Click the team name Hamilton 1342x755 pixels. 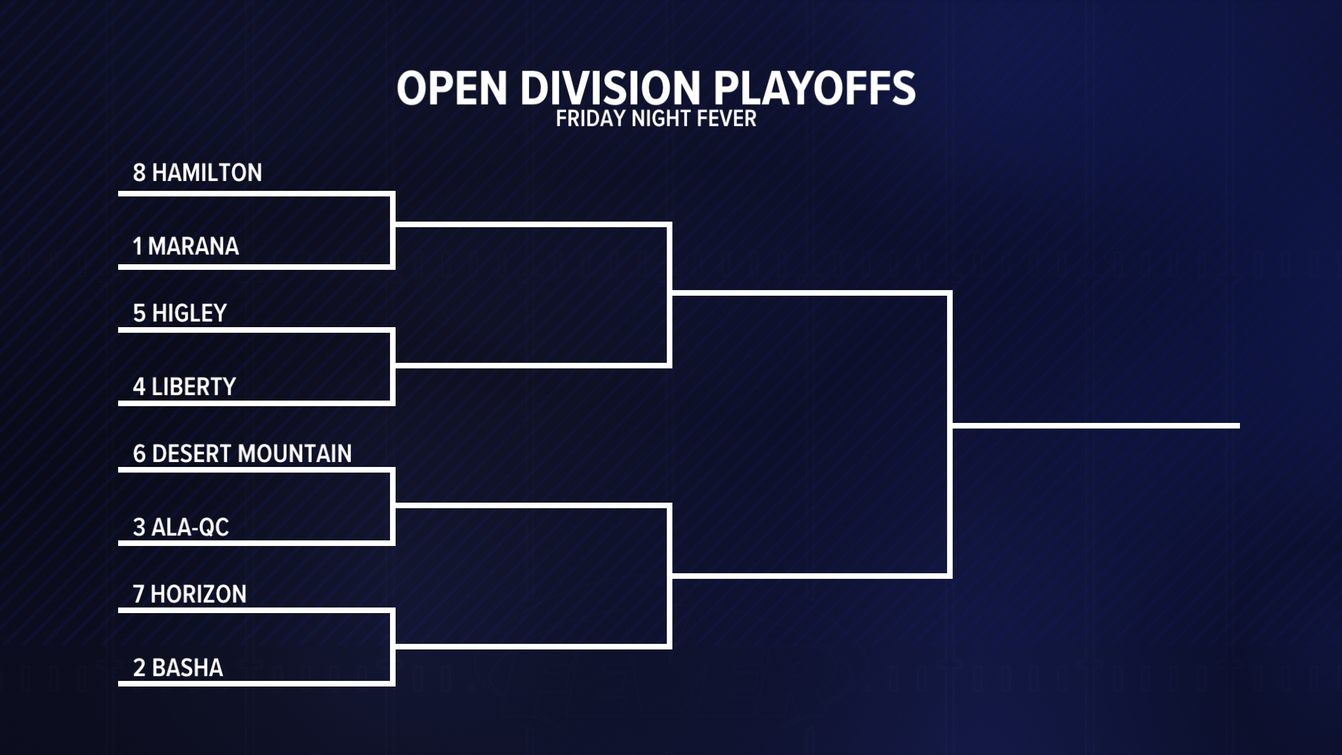click(x=207, y=173)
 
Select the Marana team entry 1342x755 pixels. click(x=194, y=246)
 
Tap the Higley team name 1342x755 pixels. click(x=189, y=313)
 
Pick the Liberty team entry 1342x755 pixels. click(x=194, y=387)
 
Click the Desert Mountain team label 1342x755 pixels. click(x=252, y=454)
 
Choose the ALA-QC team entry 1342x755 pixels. click(x=190, y=527)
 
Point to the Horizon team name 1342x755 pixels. click(x=199, y=594)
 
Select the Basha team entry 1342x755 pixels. click(x=187, y=668)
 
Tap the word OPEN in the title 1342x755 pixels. click(x=452, y=88)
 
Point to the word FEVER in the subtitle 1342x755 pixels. click(x=727, y=119)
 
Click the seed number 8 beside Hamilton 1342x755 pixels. click(x=139, y=173)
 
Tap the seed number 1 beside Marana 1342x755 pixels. click(x=138, y=246)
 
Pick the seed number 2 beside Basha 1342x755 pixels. click(x=139, y=668)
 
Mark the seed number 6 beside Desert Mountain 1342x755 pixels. click(x=139, y=454)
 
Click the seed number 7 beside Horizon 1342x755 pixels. click(x=138, y=594)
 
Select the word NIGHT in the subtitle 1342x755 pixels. click(x=661, y=119)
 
